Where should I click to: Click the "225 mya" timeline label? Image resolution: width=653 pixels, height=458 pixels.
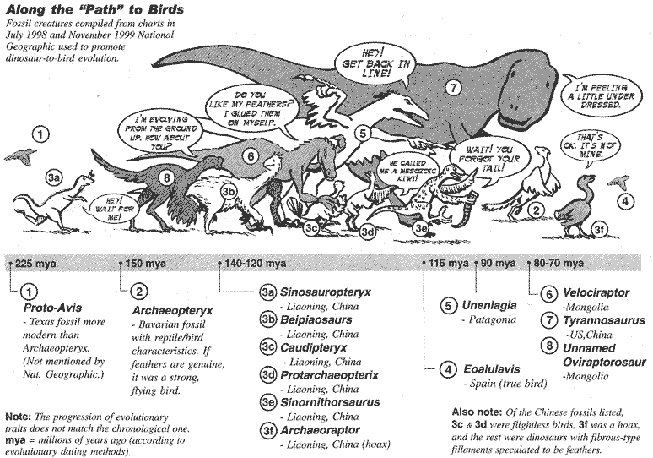coord(35,264)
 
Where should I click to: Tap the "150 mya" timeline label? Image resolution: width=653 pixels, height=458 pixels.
coord(146,264)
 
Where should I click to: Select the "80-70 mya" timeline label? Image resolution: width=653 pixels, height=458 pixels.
coord(559,263)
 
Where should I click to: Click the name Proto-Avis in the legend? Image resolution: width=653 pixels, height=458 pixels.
coord(52,308)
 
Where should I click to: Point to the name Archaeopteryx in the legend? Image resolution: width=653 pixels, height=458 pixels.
coord(172,311)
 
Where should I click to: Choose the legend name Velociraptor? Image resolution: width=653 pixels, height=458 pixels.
coord(596,293)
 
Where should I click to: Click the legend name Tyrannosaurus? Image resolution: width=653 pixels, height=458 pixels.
coord(604,320)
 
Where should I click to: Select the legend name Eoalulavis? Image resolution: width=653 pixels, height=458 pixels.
coord(492,369)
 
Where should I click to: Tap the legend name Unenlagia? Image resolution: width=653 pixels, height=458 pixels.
coord(489,305)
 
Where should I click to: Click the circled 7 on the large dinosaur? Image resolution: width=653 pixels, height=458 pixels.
coord(454,88)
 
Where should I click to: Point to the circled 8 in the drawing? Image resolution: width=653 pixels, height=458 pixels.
coord(166,178)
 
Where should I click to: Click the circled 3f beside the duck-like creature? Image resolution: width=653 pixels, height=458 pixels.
coord(598,229)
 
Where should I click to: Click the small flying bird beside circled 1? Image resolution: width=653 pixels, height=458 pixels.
coord(20,155)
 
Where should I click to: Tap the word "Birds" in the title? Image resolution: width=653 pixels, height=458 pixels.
coord(165,9)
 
